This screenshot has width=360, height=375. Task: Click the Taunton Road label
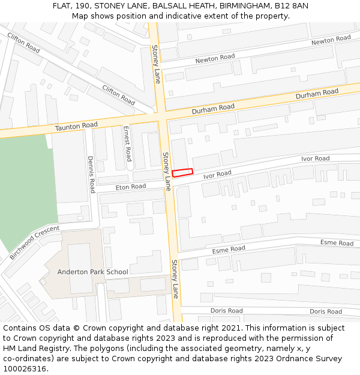tap(76, 125)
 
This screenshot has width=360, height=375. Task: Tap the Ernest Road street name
tap(127, 143)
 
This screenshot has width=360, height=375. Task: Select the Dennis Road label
tap(92, 175)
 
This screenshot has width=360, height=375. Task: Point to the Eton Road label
tap(131, 187)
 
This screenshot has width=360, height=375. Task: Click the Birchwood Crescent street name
tap(35, 242)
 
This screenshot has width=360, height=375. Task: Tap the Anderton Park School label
tap(92, 272)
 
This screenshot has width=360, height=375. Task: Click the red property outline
tap(182, 172)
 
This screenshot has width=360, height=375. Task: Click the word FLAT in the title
tap(62, 5)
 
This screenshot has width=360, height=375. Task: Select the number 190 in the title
tap(84, 5)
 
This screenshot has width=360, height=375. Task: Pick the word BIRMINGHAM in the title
tap(244, 5)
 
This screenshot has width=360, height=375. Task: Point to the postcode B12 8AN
tap(292, 5)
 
